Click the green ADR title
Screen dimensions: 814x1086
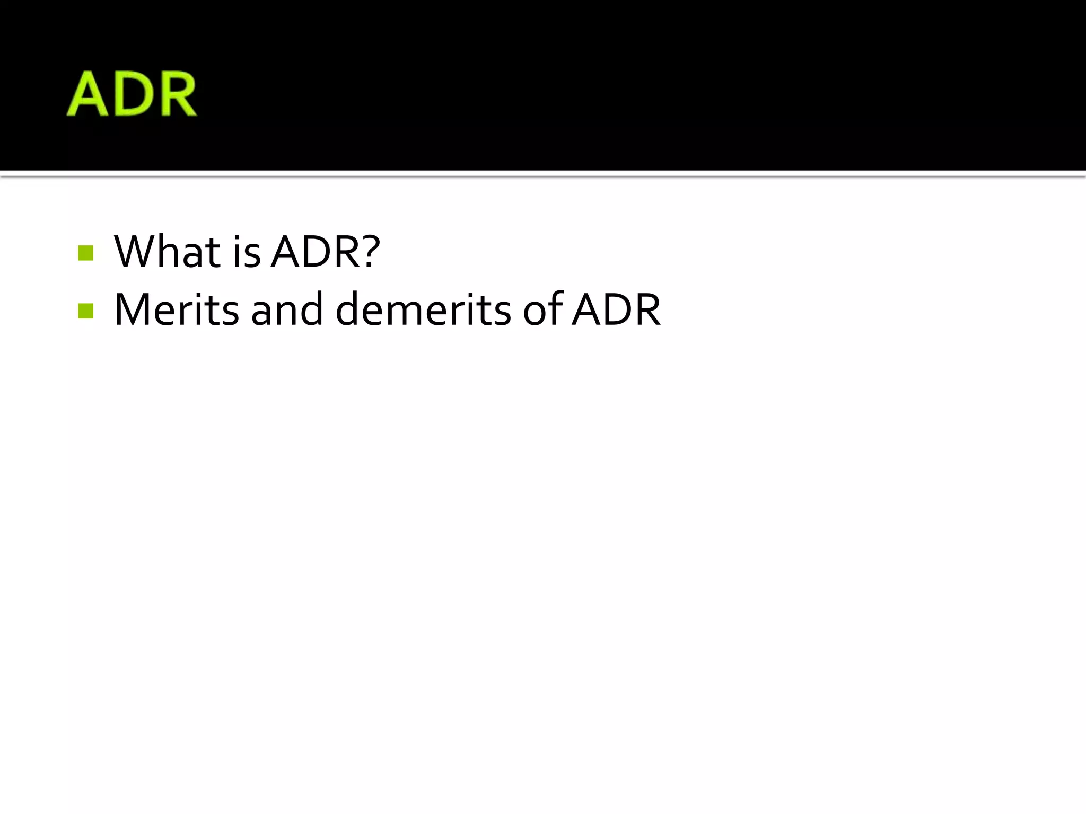[132, 94]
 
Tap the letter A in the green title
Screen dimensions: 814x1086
[88, 94]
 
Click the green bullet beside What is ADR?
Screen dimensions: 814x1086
[85, 253]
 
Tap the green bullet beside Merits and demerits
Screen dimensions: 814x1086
[85, 311]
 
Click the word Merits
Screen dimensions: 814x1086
[176, 309]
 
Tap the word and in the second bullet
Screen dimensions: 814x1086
[286, 309]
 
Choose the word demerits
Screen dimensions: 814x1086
[423, 309]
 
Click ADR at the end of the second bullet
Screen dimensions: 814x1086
[617, 309]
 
